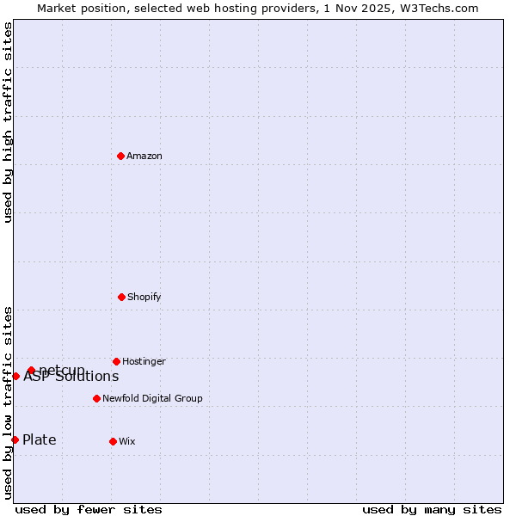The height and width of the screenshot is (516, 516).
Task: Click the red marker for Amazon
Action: (121, 156)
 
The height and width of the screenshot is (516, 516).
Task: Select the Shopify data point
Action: (121, 297)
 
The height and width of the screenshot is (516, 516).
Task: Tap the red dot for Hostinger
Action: (116, 361)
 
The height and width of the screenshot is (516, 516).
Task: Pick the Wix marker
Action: (113, 441)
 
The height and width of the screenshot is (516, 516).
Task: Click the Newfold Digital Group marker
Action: (96, 398)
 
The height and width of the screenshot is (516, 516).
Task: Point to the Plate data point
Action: (15, 439)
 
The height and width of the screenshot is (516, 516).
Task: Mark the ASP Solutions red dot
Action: (15, 376)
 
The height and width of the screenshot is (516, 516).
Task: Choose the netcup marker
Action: (31, 370)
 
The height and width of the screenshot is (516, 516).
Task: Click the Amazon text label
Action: (144, 156)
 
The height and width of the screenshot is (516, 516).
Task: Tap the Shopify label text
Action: (144, 297)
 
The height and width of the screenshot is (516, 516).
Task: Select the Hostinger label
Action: (144, 361)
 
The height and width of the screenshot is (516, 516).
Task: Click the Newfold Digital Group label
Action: (152, 398)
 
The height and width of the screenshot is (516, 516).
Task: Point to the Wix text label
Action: (127, 441)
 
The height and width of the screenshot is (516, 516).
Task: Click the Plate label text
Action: (40, 439)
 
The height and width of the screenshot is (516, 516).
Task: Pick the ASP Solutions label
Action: (71, 377)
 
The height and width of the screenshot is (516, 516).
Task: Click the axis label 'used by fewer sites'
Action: (89, 509)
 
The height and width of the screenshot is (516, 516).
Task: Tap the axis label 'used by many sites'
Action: (432, 509)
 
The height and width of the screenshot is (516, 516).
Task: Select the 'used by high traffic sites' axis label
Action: (9, 122)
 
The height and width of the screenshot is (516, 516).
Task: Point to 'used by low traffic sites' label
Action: (9, 402)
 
